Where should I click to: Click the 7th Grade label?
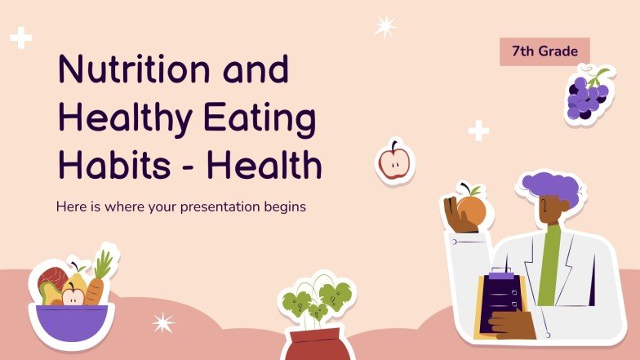click(544, 51)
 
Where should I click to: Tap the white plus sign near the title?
click(20, 37)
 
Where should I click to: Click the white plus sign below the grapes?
click(478, 130)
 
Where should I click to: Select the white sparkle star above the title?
click(385, 27)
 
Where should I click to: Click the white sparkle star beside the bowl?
click(163, 323)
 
